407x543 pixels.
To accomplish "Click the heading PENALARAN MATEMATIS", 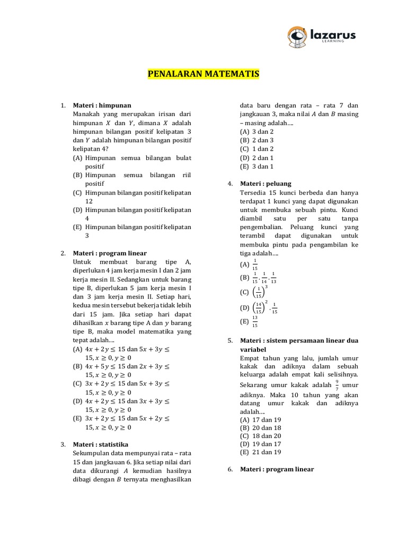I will (x=203, y=74).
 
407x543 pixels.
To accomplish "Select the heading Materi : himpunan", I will (x=102, y=106).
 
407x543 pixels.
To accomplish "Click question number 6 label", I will (x=231, y=469).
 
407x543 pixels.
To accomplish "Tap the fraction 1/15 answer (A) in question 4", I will (x=255, y=264).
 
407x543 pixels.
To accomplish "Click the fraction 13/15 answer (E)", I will (x=255, y=321).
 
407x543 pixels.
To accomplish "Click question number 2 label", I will (x=63, y=253).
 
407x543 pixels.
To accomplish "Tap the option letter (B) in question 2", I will (x=77, y=366).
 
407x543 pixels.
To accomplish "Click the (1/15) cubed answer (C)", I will (x=259, y=291).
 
